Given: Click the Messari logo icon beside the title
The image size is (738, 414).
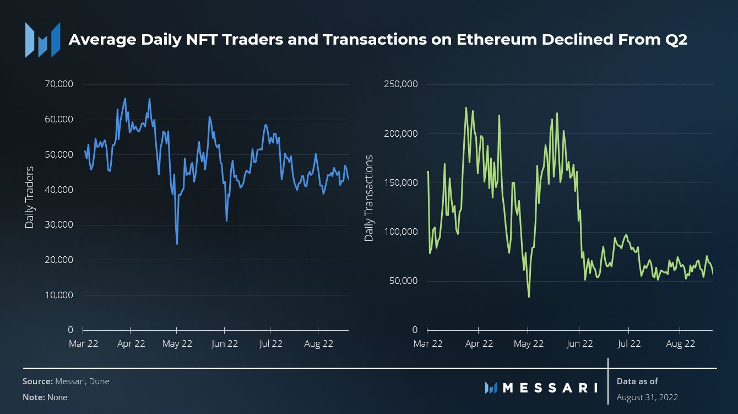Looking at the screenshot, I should pyautogui.click(x=42, y=40).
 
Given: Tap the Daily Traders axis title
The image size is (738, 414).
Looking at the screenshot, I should pyautogui.click(x=30, y=197).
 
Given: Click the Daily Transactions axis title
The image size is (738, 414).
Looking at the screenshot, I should pyautogui.click(x=369, y=198).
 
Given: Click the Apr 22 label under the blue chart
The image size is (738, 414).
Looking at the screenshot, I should pyautogui.click(x=131, y=343).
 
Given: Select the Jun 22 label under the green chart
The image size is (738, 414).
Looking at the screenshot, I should pyautogui.click(x=579, y=343).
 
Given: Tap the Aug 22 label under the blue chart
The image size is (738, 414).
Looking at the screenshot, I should pyautogui.click(x=319, y=343).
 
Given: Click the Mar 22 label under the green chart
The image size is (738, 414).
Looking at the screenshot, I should pyautogui.click(x=428, y=343).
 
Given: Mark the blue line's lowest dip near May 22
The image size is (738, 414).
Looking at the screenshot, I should pyautogui.click(x=177, y=244).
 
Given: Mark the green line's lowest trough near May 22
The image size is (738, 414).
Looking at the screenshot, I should pyautogui.click(x=529, y=297).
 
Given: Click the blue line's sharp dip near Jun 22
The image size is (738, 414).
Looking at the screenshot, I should pyautogui.click(x=226, y=221).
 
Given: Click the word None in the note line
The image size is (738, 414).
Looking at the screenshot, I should pyautogui.click(x=57, y=397).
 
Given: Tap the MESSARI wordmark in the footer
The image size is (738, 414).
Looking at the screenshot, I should pyautogui.click(x=549, y=388).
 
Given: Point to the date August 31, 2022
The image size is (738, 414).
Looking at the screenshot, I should pyautogui.click(x=647, y=397).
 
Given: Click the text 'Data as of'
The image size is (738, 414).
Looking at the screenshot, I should pyautogui.click(x=637, y=381).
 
